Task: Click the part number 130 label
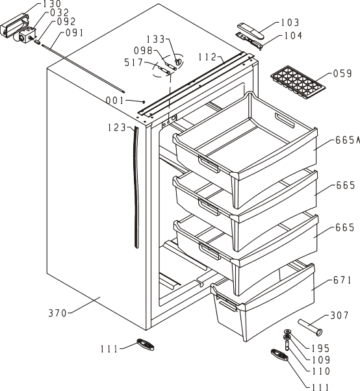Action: pos(52,4)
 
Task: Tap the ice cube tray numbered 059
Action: pos(298,82)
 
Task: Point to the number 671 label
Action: pos(342,281)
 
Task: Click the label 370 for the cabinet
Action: pos(58,313)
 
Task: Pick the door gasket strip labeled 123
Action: pos(136,187)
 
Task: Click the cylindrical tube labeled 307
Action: pos(310,327)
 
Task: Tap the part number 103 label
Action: pos(290,23)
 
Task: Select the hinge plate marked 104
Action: pos(250,40)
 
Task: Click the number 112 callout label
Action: pos(207,57)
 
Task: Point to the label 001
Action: pos(114,101)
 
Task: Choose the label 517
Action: pos(133,62)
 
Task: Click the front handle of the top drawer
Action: pos(209,164)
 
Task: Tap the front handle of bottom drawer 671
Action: pos(227,303)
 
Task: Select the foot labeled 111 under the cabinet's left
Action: pos(145,344)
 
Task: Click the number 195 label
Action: pos(321,348)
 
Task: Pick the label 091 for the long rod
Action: pos(74,33)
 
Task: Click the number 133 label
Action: pos(155,40)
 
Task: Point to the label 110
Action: pos(321,372)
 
